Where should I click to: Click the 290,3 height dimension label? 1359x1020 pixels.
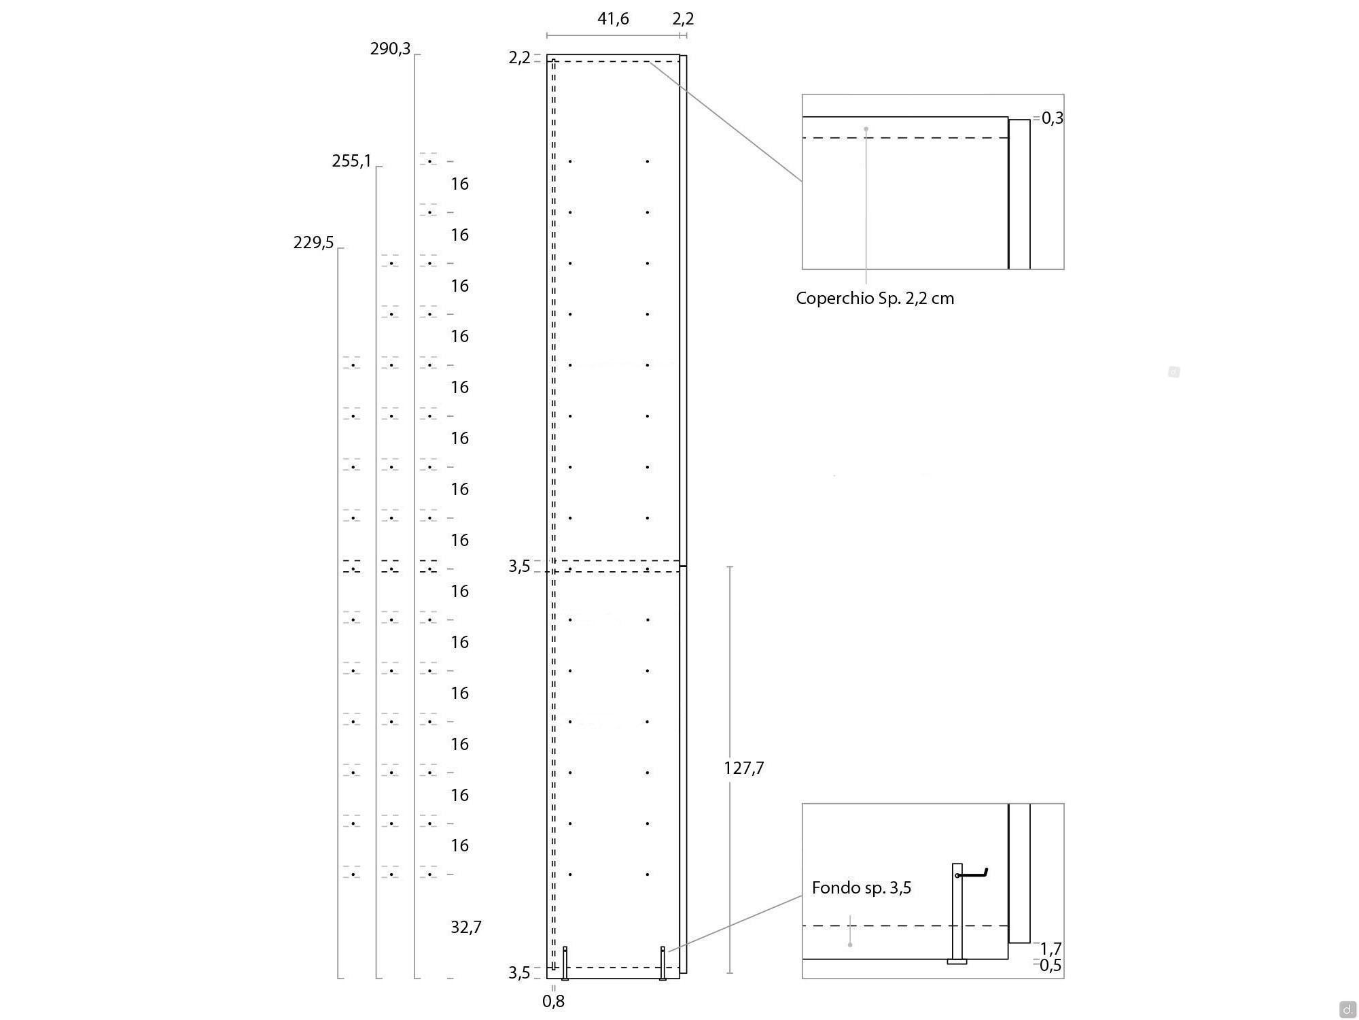point(390,49)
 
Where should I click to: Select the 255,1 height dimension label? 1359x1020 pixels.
point(351,161)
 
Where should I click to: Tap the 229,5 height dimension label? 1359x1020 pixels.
point(313,243)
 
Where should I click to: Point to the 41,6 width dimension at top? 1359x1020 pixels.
point(613,19)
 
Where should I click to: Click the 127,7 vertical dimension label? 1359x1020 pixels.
point(744,768)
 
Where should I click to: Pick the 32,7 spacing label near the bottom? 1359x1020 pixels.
point(466,928)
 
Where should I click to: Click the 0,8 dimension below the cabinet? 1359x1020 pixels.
point(554,1001)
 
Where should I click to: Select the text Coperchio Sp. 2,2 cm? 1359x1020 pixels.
point(875,299)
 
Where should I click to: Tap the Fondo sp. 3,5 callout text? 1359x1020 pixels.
point(862,888)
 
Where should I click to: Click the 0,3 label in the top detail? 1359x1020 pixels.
point(1053,118)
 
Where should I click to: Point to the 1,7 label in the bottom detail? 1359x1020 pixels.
point(1051,949)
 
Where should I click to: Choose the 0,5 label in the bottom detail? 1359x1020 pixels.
point(1051,966)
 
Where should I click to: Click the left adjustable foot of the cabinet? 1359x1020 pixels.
point(565,963)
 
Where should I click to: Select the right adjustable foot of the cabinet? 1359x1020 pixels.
point(663,963)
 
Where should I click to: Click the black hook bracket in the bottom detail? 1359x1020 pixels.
point(972,873)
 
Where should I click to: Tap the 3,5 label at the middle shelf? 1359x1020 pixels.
point(519,566)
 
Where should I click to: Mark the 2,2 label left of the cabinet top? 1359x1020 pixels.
point(519,58)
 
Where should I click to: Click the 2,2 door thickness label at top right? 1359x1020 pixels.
point(684,19)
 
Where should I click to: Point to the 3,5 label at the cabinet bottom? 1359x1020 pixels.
point(519,973)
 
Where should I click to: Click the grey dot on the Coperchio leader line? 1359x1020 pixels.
point(866,129)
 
